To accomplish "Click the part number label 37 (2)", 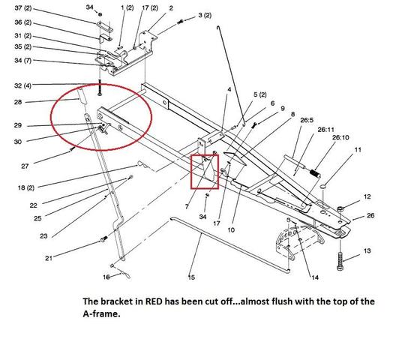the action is pos(23,8).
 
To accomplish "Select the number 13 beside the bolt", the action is pos(367,250).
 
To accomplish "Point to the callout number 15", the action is pos(191,277).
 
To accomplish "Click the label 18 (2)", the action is pos(26,187).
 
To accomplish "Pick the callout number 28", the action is pos(18,102).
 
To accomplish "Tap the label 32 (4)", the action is pos(22,85).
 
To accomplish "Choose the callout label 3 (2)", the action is pos(205,15).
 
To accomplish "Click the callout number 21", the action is pos(49,258).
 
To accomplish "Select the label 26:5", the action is pos(307,120).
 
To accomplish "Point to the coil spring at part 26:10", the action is pos(315,173).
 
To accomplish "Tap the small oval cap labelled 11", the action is pos(323,187).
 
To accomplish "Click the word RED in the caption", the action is pos(154,301).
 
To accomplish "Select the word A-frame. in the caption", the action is pos(101,314).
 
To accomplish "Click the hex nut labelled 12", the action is pos(340,208).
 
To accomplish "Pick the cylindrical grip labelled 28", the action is pos(82,95).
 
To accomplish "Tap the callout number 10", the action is pos(231,229).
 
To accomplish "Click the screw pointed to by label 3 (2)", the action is pos(180,22).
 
